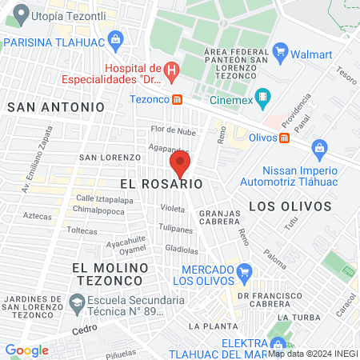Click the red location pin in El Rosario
pyautogui.click(x=180, y=165)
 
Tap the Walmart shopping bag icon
pyautogui.click(x=280, y=54)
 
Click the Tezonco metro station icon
pyautogui.click(x=178, y=100)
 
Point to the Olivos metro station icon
pyautogui.click(x=284, y=137)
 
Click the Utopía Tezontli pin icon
pyautogui.click(x=19, y=14)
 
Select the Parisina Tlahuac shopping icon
pyautogui.click(x=116, y=38)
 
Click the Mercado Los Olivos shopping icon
pyautogui.click(x=244, y=272)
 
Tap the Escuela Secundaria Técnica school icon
pyautogui.click(x=78, y=302)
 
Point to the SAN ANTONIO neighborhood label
pyautogui.click(x=55, y=106)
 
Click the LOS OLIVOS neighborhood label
pyautogui.click(x=290, y=206)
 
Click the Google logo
pyautogui.click(x=26, y=350)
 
